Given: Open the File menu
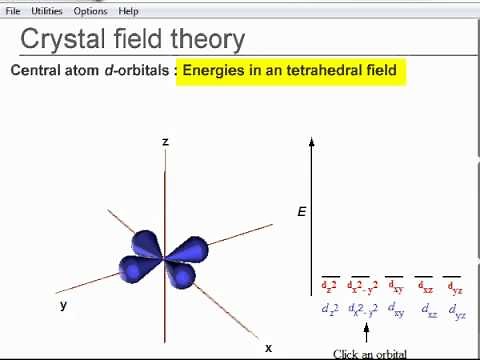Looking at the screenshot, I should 13,11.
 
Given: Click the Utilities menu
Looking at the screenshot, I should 46,11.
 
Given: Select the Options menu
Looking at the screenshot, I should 90,11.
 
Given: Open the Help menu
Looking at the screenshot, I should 128,11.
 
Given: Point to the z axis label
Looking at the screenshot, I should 165,142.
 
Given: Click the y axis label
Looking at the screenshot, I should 63,305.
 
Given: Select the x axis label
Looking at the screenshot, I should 268,348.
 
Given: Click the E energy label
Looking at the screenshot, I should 301,212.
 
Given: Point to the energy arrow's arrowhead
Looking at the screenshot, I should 312,142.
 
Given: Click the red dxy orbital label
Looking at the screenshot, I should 394,287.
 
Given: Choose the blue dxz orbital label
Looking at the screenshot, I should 428,311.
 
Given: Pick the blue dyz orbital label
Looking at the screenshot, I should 457,311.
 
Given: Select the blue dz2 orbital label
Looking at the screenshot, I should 330,310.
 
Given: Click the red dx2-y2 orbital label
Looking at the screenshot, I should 362,287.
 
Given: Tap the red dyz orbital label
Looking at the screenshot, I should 454,287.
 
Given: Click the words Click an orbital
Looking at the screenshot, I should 370,353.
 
